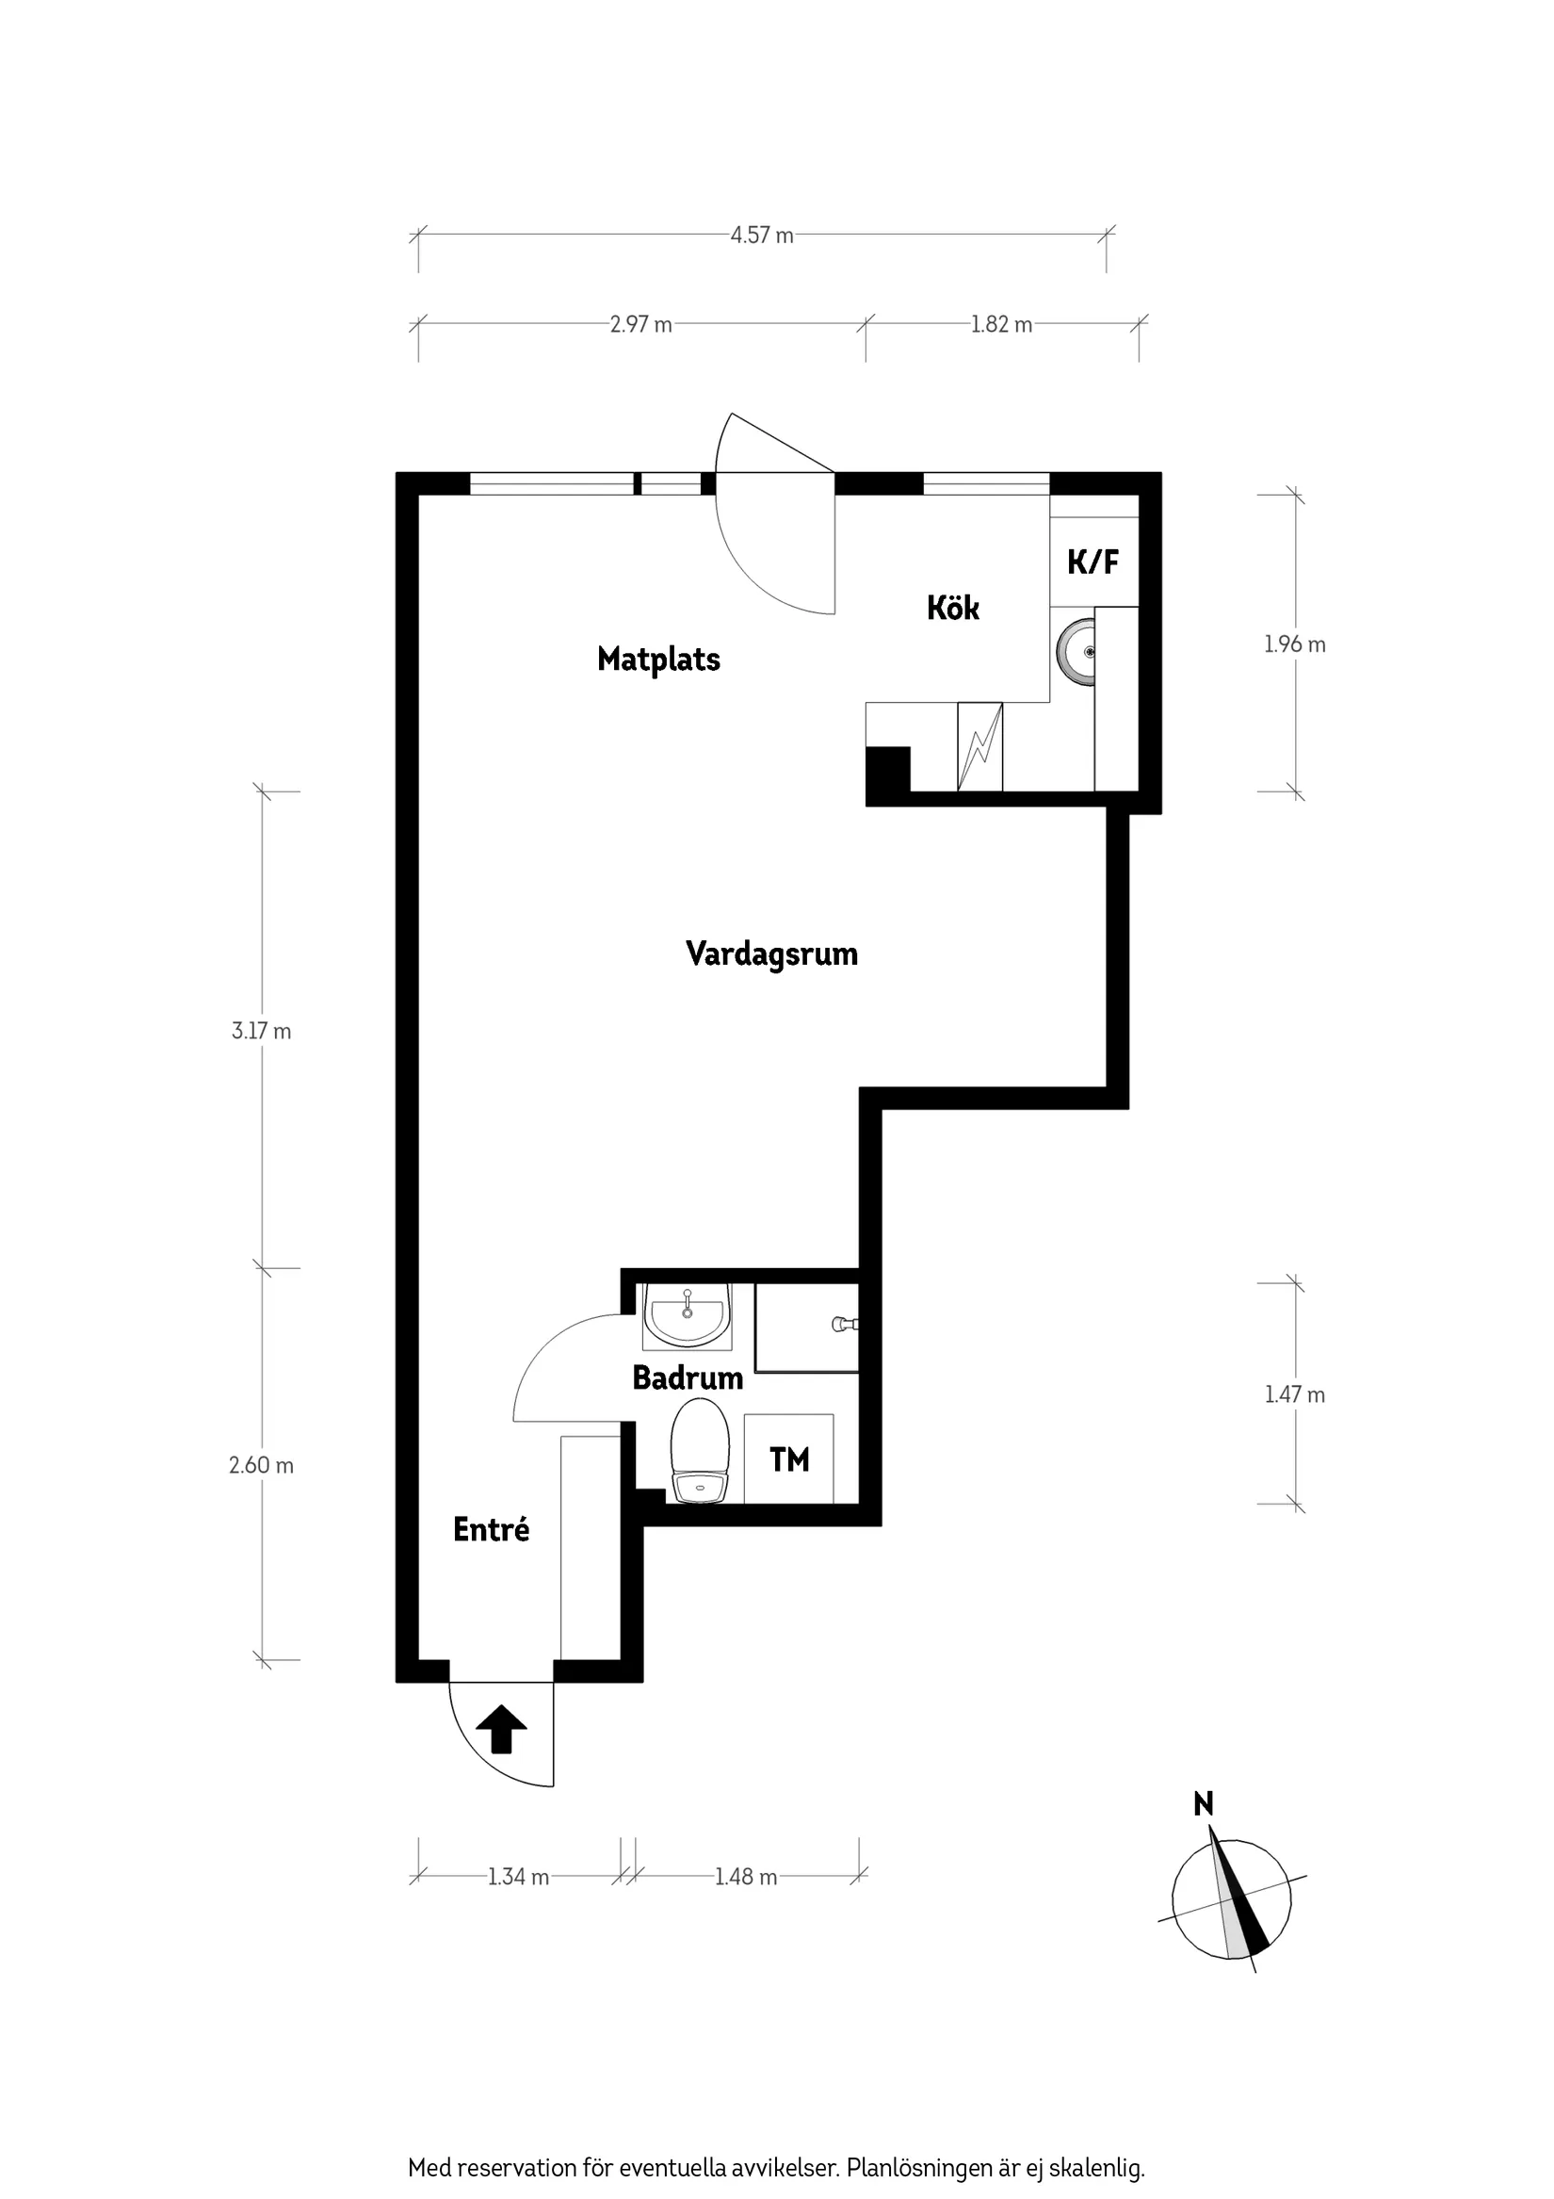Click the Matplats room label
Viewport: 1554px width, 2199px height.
658,660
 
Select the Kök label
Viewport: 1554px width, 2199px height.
953,609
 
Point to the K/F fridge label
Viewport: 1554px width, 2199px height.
1093,562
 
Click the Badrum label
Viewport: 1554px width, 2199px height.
688,1378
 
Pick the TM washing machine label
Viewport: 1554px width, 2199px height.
790,1459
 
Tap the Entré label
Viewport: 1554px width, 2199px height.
492,1529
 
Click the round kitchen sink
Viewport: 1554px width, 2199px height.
1076,652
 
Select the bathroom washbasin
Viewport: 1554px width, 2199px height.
688,1314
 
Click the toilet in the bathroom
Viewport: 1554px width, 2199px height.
700,1451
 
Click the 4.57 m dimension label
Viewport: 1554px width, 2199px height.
762,236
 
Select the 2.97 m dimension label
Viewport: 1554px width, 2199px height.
641,325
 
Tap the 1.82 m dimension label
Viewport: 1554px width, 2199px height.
1001,325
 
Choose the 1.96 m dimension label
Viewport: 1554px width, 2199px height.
1294,644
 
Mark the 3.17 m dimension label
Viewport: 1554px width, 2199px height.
262,1032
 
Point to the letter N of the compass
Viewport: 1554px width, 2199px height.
1204,1804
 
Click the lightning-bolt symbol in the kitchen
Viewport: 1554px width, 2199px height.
979,747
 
